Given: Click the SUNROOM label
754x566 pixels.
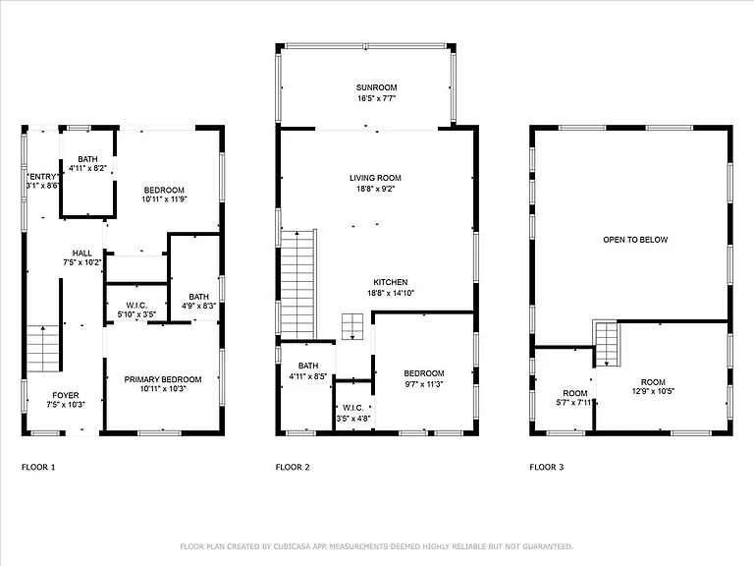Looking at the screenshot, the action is (x=377, y=87).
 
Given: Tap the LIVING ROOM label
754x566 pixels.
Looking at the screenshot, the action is (x=375, y=178).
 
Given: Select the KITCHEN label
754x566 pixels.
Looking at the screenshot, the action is (x=391, y=283).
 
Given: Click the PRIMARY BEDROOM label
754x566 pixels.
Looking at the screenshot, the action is (x=163, y=379).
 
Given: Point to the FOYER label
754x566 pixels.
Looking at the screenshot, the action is (x=66, y=396).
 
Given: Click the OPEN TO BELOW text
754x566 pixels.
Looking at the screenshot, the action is (x=635, y=240).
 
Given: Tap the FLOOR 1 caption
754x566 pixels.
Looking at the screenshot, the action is (x=38, y=467).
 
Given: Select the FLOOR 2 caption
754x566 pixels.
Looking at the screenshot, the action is (x=293, y=467).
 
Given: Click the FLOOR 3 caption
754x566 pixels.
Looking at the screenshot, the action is (x=546, y=467).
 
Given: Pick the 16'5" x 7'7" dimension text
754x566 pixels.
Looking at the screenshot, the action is (x=377, y=98).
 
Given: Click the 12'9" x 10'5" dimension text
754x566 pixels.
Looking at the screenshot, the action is (x=653, y=391).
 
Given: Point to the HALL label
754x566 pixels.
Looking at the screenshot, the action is (x=82, y=254).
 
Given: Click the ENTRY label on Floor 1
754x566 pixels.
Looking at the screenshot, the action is (x=43, y=177).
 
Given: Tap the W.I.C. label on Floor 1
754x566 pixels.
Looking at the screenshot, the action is (x=136, y=306).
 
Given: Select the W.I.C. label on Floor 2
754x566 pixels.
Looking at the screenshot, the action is (x=353, y=408).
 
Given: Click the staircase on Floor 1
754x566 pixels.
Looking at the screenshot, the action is (x=43, y=349).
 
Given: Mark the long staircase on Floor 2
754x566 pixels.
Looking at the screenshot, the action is (x=297, y=284).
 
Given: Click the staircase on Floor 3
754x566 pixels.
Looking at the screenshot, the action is (x=607, y=344).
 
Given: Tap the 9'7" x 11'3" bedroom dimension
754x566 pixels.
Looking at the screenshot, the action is (x=424, y=384).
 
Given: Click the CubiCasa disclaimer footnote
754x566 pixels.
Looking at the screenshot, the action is (x=377, y=546).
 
